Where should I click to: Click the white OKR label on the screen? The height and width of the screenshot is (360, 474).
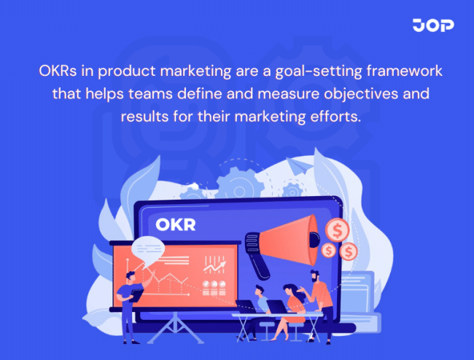(176, 224)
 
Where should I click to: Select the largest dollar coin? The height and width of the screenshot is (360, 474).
(338, 230)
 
